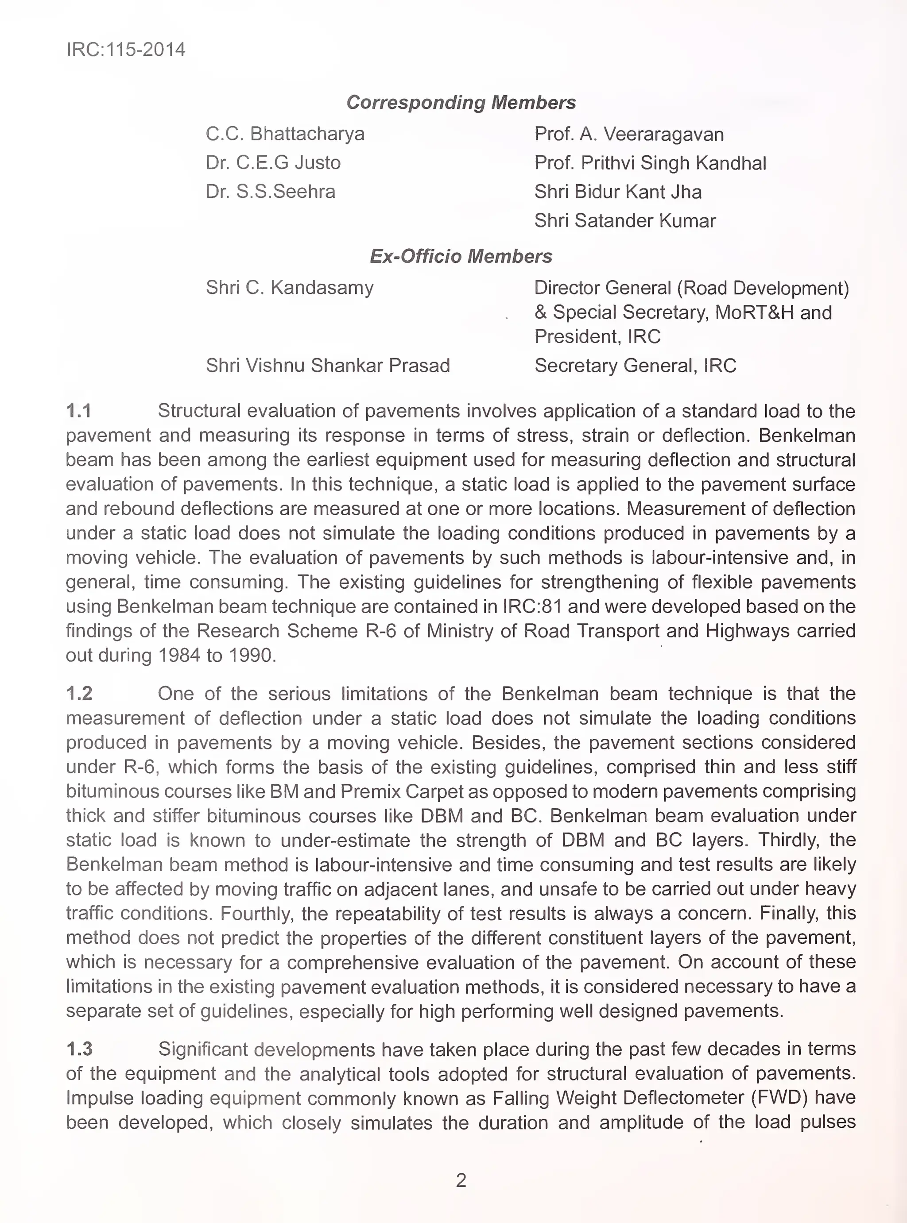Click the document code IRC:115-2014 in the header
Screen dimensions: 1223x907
pos(126,50)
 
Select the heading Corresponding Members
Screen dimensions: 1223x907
pos(461,103)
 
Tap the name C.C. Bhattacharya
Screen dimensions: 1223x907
pos(285,134)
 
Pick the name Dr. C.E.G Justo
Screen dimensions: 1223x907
pos(273,163)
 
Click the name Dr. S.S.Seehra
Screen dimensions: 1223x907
pos(270,192)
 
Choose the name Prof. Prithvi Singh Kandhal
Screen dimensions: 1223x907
pos(650,163)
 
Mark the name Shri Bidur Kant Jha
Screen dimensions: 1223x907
pos(618,192)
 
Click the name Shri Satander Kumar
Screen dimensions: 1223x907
pos(625,220)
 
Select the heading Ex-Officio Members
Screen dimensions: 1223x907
pos(461,256)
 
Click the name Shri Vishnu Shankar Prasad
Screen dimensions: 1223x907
pos(328,366)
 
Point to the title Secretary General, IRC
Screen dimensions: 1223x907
pos(635,366)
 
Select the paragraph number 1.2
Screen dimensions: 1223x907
pos(79,694)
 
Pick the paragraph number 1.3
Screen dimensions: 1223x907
pos(79,1049)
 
